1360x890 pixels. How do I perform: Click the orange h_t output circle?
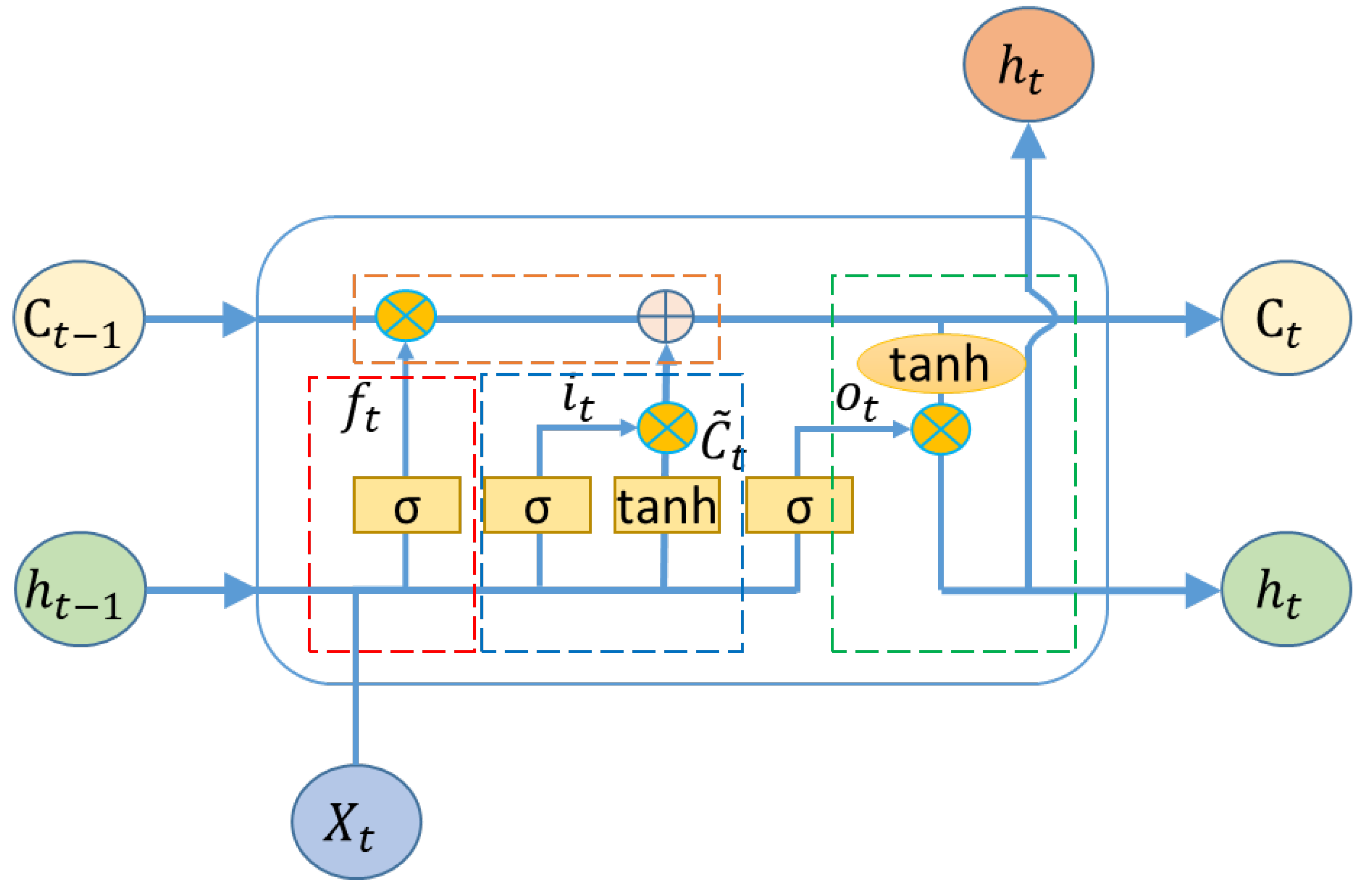[x=1028, y=64]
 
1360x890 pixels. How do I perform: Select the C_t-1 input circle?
[x=79, y=318]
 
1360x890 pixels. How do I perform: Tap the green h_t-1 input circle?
[x=80, y=589]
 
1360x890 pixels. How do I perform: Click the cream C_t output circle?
[x=1286, y=318]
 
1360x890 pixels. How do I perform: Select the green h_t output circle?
[x=1286, y=589]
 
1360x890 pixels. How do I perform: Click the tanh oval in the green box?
[x=941, y=364]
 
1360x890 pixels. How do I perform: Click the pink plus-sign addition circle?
[x=666, y=316]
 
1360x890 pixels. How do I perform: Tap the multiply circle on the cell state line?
[x=405, y=315]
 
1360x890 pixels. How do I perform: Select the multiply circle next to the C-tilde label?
[x=666, y=427]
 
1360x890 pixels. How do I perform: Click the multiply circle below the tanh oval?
[x=940, y=429]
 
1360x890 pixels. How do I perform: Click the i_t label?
[x=578, y=400]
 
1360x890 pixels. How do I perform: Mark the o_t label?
[x=856, y=400]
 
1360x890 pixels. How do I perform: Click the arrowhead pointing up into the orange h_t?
[x=1028, y=142]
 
